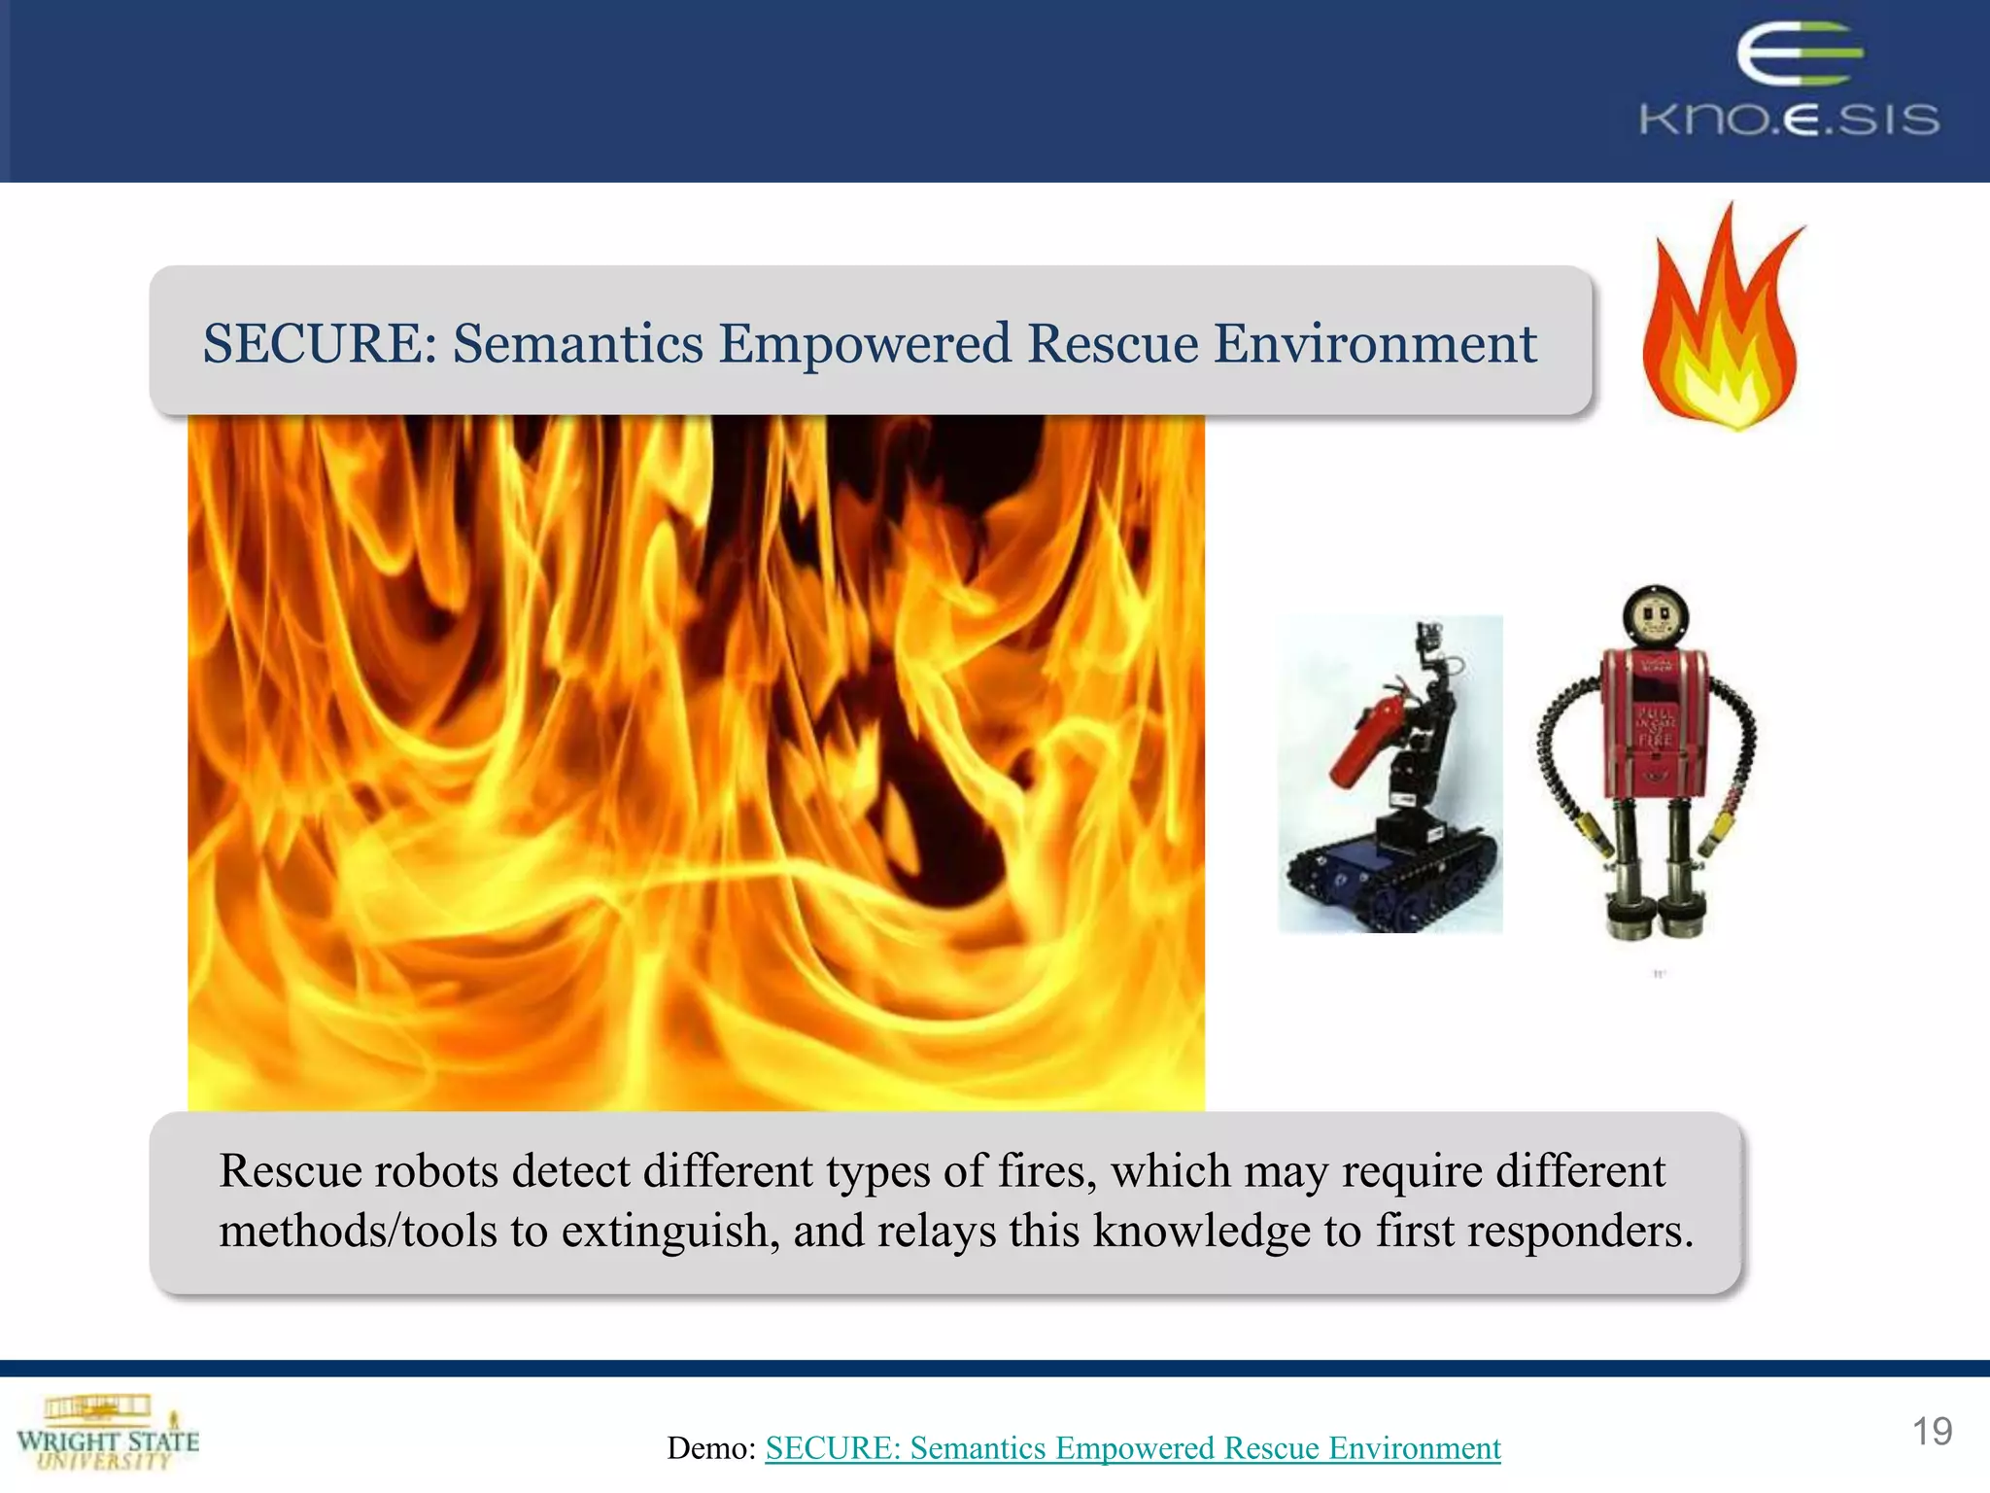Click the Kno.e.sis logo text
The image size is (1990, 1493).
click(1789, 120)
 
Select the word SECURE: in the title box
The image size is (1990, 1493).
click(320, 344)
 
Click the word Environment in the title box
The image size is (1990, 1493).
click(1375, 344)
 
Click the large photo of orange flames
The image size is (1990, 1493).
click(696, 763)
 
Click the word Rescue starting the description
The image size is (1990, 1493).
click(291, 1171)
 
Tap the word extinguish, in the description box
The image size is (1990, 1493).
click(670, 1232)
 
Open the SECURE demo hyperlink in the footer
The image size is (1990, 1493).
click(1132, 1448)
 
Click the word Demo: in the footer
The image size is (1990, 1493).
click(711, 1448)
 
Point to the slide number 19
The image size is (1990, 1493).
click(1931, 1432)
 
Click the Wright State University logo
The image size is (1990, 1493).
click(107, 1434)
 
